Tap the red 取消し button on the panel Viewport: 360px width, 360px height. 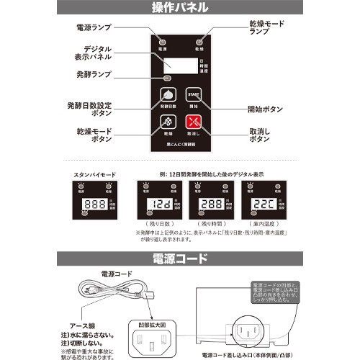194,123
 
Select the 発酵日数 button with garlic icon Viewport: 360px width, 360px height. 166,96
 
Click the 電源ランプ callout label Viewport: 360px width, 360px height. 94,27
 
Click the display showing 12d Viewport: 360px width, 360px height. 158,204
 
